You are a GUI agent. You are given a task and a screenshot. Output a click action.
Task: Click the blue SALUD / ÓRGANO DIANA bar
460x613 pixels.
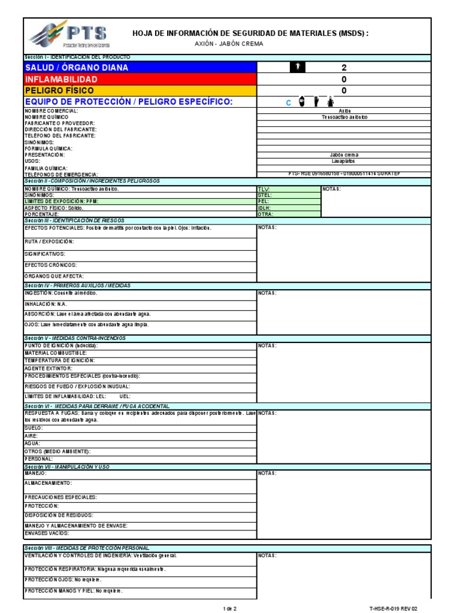coord(140,68)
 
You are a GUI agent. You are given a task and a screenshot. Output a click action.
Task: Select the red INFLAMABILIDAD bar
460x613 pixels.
coord(140,79)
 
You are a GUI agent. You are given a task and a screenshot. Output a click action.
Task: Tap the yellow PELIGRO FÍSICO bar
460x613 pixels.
coord(140,90)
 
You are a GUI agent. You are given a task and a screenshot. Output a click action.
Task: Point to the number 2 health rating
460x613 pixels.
coord(344,68)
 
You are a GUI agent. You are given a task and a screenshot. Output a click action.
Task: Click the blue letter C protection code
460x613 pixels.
coord(288,103)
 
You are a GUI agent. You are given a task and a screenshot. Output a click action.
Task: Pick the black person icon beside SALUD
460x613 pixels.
coord(298,68)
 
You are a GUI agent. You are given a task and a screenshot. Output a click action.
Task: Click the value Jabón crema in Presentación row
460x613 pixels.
coord(344,154)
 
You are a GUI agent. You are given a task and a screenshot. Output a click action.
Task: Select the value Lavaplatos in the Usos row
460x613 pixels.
coord(344,161)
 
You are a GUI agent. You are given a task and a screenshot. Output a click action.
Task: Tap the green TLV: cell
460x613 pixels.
coord(289,189)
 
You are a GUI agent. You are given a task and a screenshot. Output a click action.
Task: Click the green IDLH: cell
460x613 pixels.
coord(289,208)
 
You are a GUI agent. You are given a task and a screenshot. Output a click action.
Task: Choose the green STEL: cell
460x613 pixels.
coord(289,195)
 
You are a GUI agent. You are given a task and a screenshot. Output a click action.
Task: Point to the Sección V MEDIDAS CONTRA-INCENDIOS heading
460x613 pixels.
coord(75,338)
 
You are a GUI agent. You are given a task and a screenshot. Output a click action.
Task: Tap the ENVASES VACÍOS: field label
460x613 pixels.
coord(46,532)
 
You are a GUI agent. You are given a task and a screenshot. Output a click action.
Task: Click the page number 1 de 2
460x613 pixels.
coord(230,608)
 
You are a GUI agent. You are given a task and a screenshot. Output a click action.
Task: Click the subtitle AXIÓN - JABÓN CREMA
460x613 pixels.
coord(229,44)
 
